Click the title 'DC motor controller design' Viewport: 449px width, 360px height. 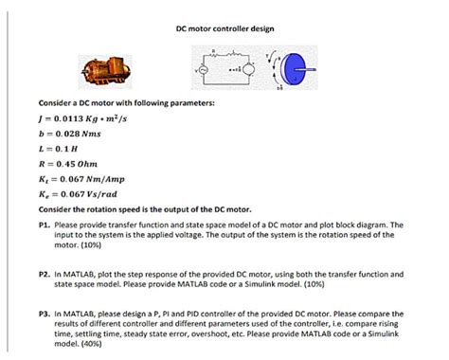point(224,28)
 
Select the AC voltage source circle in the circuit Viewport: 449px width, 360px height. point(202,71)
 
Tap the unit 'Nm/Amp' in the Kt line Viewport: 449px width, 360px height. point(105,179)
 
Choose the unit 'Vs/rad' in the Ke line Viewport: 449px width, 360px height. point(102,194)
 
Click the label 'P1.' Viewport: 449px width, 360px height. point(45,225)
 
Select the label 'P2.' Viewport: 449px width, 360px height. point(45,273)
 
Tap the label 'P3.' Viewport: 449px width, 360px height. point(45,313)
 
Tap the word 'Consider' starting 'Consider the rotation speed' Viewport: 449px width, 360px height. point(57,209)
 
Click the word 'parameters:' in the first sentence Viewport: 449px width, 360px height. point(189,101)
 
